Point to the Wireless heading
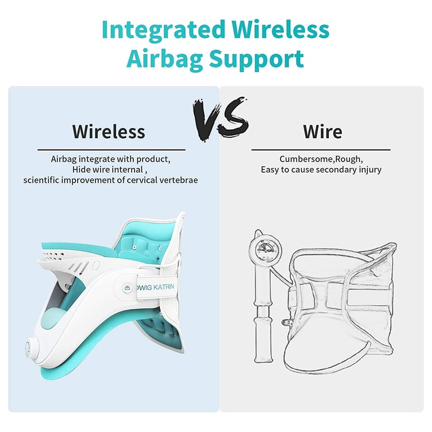109,131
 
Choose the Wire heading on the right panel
322,131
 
